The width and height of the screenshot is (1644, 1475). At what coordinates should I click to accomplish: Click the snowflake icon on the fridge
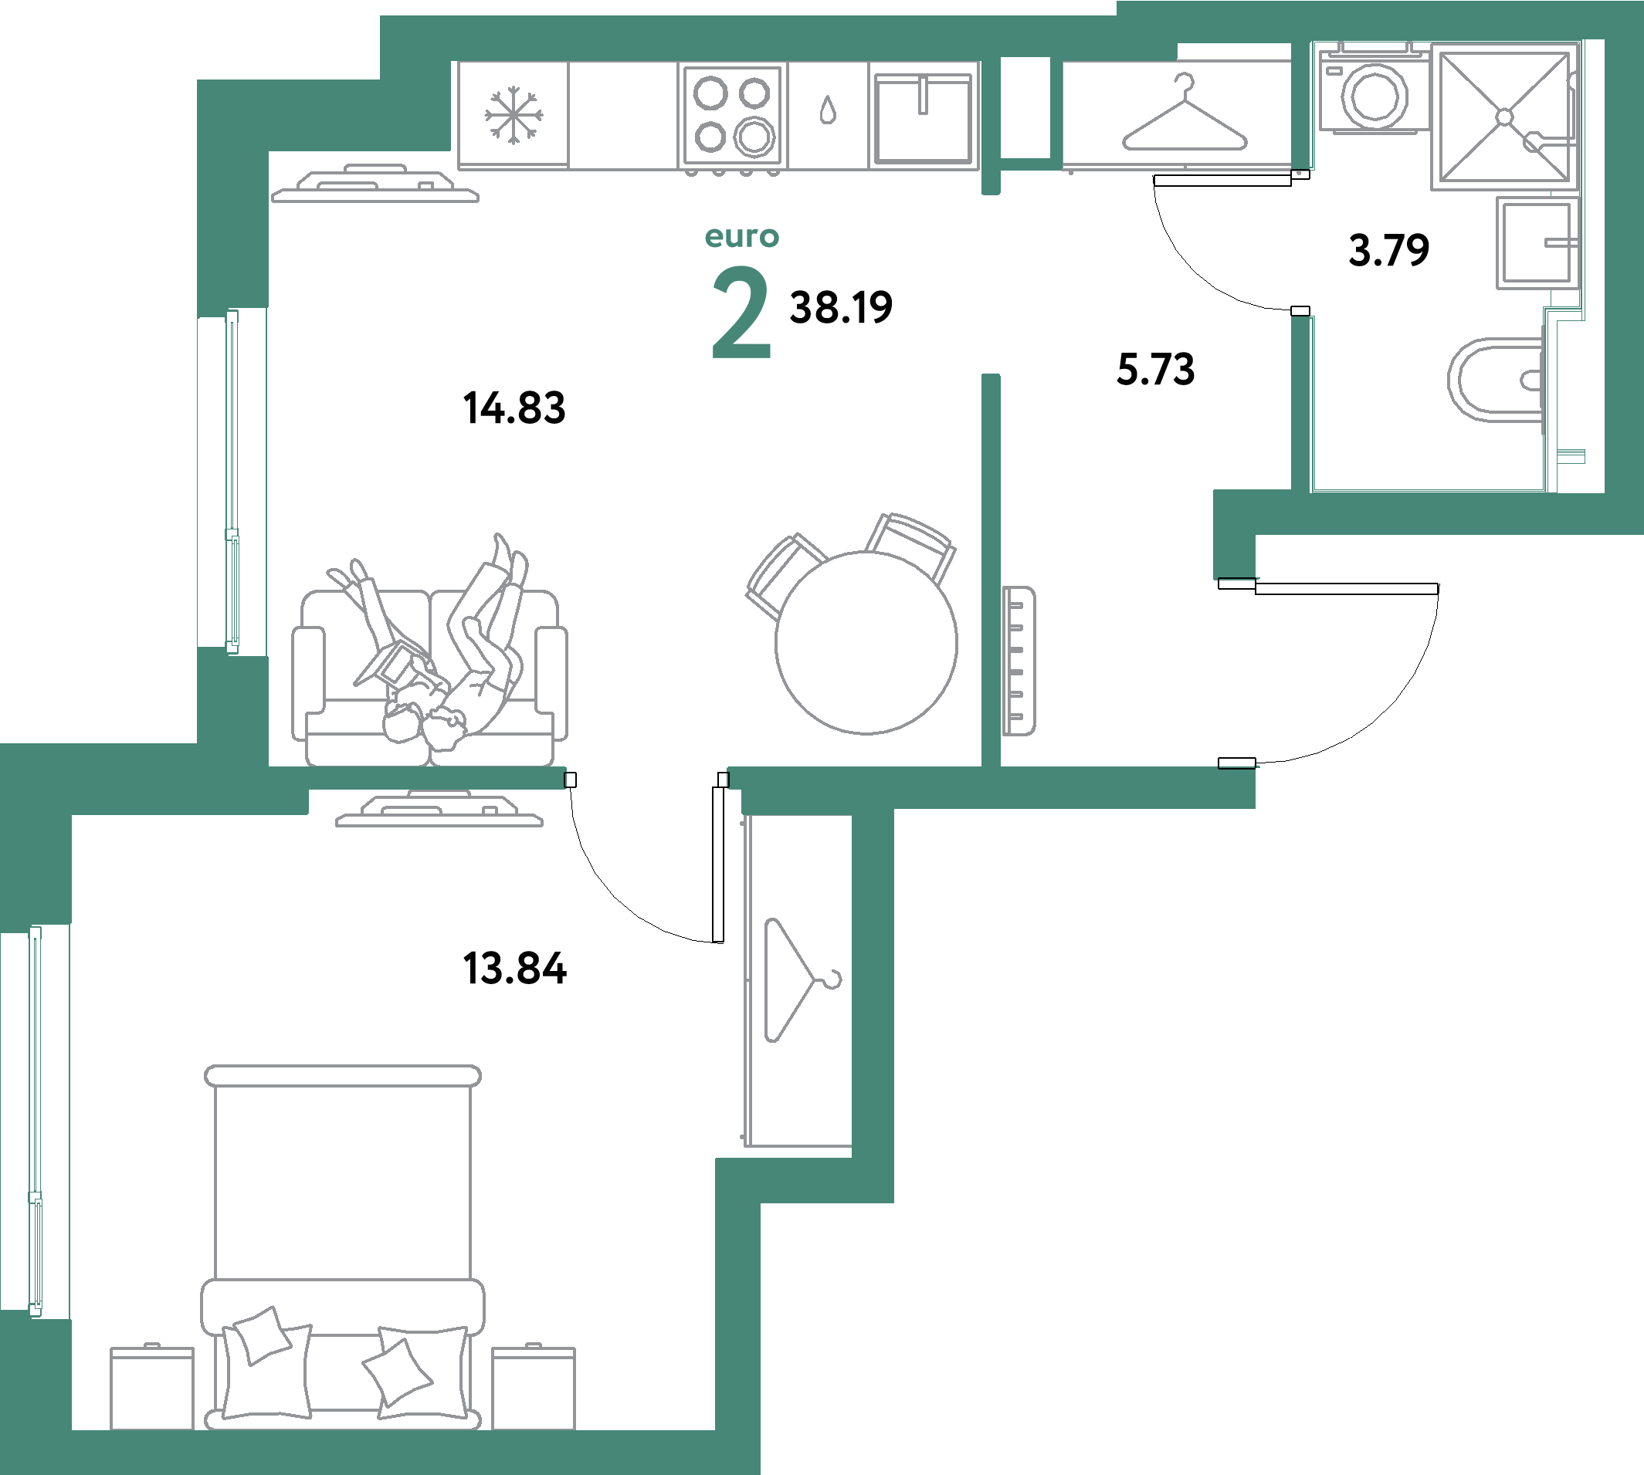pos(514,117)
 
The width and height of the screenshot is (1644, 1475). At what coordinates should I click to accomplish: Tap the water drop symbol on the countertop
pos(827,110)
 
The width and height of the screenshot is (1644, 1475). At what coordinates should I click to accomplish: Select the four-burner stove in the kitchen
pos(733,115)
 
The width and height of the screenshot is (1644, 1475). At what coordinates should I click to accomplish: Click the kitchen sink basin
pos(923,118)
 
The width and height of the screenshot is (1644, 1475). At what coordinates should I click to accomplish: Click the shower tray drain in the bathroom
pos(1504,117)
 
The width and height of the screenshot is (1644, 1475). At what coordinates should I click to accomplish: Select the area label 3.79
pos(1388,249)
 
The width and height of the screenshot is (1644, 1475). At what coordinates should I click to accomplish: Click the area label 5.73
pos(1155,370)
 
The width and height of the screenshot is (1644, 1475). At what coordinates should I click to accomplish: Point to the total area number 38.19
pos(841,308)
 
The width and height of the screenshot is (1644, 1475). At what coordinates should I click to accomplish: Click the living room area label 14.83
pos(514,407)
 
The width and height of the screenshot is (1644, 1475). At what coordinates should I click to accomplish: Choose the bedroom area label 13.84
pos(514,968)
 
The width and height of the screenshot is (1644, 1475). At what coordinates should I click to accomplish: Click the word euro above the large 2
pos(742,237)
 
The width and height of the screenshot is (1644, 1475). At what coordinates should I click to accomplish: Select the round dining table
pos(866,643)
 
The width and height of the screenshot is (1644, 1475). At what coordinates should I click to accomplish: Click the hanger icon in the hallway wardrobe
pos(1185,118)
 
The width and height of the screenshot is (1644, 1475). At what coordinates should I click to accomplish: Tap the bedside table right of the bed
pos(534,1388)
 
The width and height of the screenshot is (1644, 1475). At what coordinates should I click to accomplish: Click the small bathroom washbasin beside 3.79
pos(1537,243)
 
